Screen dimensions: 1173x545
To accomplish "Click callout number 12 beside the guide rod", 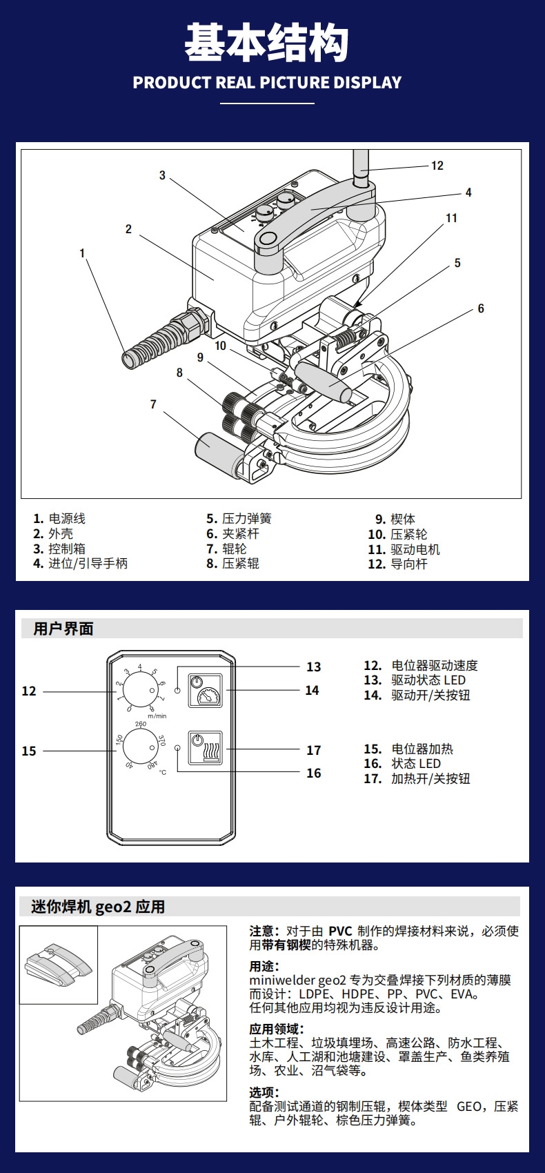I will tap(437, 166).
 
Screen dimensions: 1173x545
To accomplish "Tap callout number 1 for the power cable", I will tap(82, 253).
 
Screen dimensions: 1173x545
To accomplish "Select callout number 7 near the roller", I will tap(153, 404).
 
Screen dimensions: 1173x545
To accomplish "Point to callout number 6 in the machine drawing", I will tap(481, 308).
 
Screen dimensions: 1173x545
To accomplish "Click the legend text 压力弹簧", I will tap(247, 519).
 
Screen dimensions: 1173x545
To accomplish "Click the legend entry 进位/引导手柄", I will tap(88, 564).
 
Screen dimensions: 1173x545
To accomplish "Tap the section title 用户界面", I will tap(63, 629).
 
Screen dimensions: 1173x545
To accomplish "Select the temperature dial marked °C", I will tap(141, 747).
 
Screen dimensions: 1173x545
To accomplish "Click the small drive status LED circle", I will tap(177, 690).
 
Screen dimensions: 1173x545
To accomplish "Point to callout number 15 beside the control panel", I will tap(29, 751).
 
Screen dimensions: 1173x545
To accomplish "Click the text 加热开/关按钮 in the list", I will tap(430, 778).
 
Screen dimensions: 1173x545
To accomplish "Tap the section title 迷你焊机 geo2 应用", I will tap(98, 907).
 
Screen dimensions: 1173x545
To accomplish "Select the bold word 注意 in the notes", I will tap(264, 931).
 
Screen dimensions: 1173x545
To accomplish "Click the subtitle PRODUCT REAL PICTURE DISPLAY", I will tap(267, 83).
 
